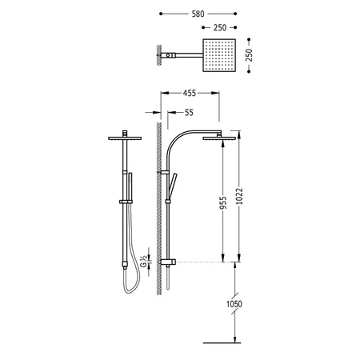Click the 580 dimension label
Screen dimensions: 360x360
pos(198,14)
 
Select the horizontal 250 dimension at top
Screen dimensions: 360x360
pos(220,27)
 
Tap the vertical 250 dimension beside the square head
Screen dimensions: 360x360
pos(249,55)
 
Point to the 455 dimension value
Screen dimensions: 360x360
pos(190,93)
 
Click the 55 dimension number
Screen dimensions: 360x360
pos(189,113)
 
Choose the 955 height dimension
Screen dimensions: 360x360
pos(223,202)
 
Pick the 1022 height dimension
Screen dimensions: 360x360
pos(239,196)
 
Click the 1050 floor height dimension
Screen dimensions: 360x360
pos(234,304)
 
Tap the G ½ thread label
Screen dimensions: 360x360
pos(143,262)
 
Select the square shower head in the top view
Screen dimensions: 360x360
pos(219,55)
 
